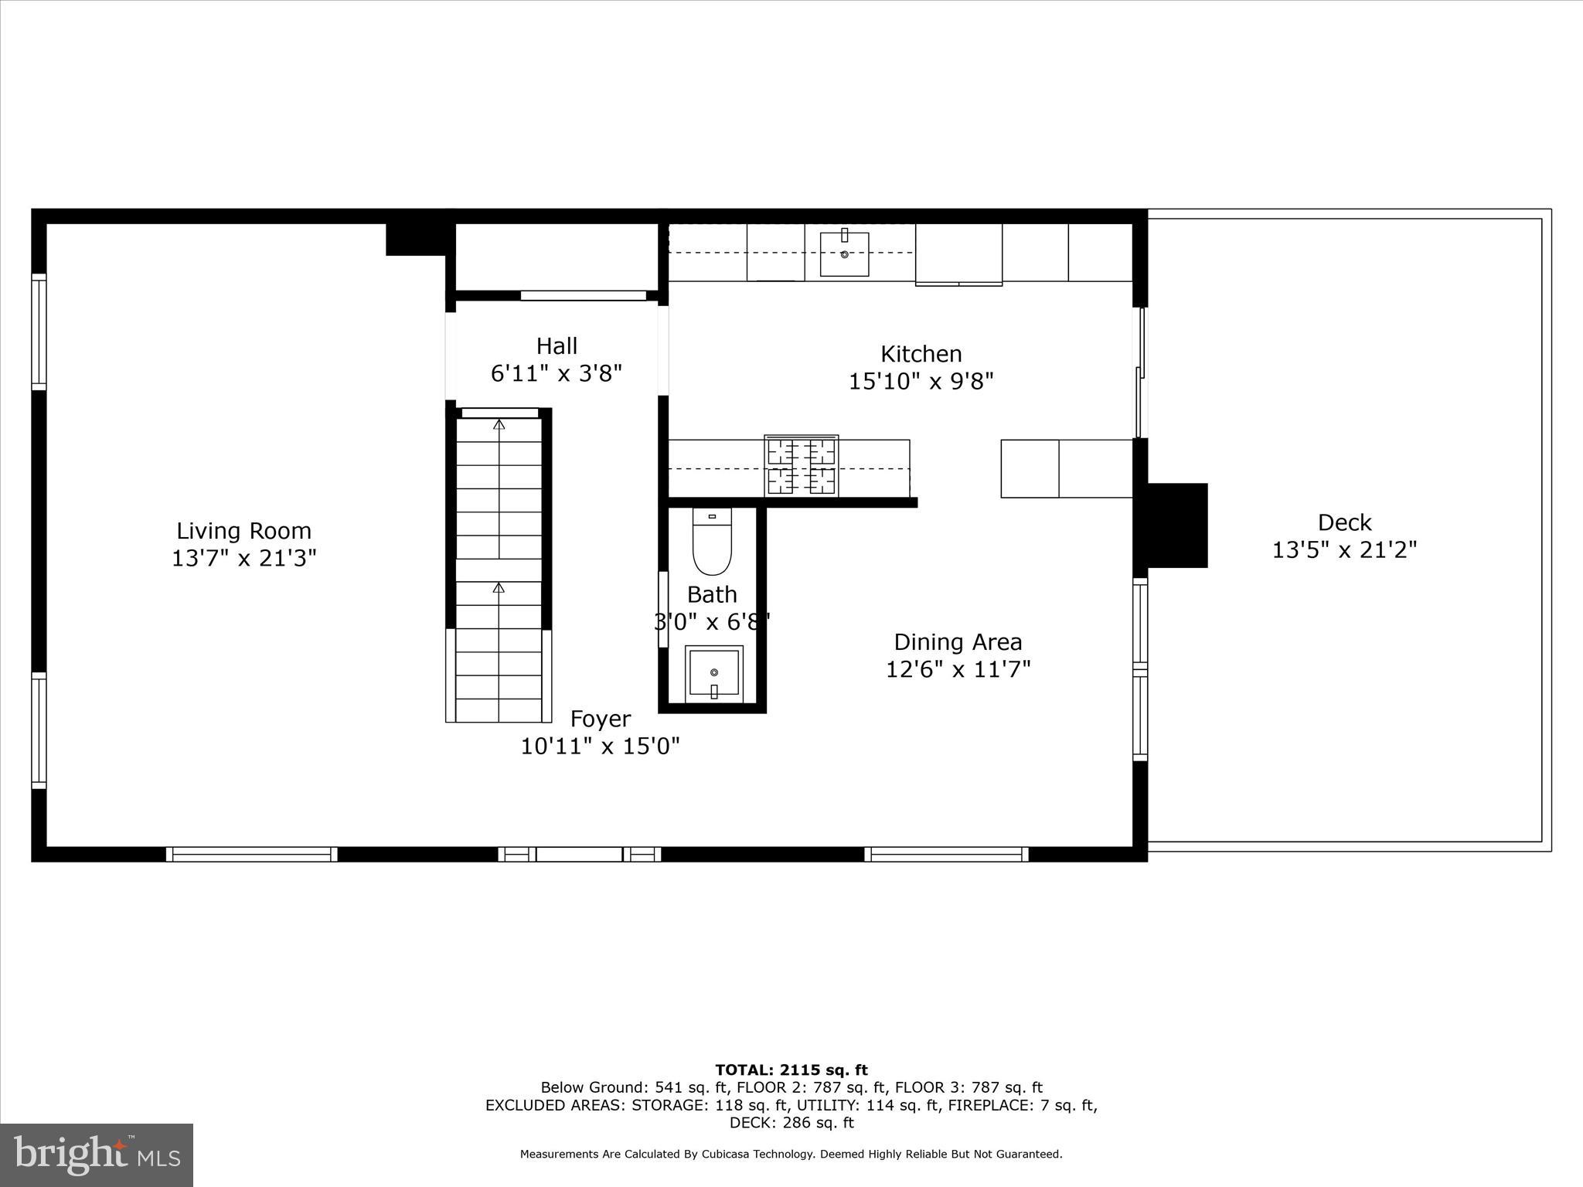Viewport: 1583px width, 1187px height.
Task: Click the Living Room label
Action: (x=243, y=531)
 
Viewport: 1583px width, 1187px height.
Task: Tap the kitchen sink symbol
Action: (x=844, y=253)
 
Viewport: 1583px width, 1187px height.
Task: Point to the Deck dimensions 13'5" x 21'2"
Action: (x=1344, y=550)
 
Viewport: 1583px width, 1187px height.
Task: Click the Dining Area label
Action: (x=958, y=642)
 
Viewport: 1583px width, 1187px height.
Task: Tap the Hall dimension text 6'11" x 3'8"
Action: (x=557, y=374)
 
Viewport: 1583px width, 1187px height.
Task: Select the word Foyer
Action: (x=601, y=719)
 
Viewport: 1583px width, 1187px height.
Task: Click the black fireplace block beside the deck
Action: (x=1176, y=525)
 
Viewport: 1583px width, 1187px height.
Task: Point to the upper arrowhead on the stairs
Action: (x=499, y=424)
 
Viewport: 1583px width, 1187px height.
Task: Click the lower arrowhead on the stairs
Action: (x=499, y=588)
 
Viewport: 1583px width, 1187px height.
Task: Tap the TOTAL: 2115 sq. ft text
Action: (x=791, y=1070)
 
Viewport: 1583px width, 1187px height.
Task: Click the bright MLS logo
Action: (x=97, y=1155)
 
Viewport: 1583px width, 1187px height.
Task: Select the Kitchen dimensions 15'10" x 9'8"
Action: (x=921, y=382)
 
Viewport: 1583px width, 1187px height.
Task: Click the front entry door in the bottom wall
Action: (x=579, y=854)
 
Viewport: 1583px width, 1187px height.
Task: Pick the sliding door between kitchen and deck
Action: (x=1139, y=372)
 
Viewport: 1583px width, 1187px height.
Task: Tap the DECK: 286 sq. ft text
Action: (x=791, y=1123)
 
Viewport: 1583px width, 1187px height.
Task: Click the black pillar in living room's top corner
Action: (x=416, y=239)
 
